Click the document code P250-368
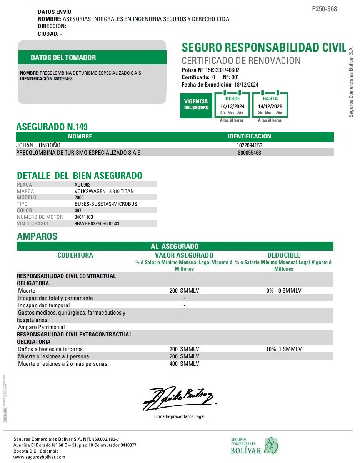324,9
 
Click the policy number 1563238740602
222,70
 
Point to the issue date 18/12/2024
247,85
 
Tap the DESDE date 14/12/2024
232,107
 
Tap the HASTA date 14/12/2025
270,107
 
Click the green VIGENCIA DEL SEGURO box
196,105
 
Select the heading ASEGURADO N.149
52,127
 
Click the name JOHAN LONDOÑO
38,145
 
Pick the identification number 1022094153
249,145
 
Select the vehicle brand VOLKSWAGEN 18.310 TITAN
104,191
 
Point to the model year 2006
79,198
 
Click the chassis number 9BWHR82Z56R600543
97,223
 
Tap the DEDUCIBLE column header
284,255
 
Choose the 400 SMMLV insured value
184,364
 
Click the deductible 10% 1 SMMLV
284,349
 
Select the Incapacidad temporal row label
44,305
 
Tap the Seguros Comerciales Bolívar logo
254,446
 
